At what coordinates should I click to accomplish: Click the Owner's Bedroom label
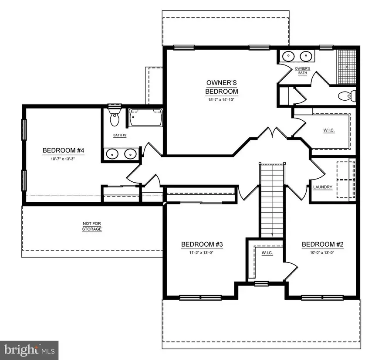coord(222,87)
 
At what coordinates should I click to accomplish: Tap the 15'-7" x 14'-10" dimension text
coord(222,100)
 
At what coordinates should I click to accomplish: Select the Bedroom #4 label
coord(63,151)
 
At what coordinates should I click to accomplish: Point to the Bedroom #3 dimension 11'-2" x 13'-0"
coord(202,252)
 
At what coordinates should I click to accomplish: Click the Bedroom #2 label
coord(323,244)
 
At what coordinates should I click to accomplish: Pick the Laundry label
coord(323,187)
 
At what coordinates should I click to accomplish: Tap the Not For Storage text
coord(92,226)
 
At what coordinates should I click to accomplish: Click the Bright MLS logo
coord(29,349)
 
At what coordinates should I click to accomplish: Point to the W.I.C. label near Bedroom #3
coord(267,254)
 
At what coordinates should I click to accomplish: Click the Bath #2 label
coord(120,136)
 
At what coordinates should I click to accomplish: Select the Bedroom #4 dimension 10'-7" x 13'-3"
coord(63,159)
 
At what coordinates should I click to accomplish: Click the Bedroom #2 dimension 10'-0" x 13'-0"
coord(323,252)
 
